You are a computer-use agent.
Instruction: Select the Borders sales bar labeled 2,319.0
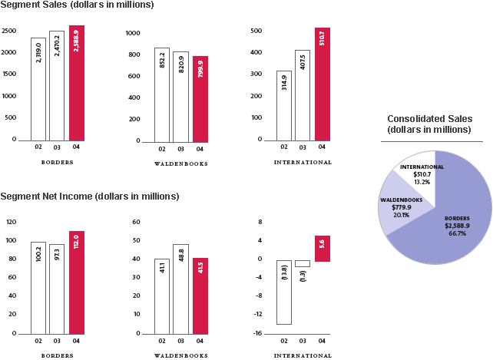[38, 88]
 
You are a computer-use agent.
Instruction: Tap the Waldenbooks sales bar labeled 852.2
[161, 94]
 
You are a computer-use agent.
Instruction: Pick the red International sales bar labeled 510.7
[322, 84]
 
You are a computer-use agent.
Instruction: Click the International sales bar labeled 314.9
[284, 105]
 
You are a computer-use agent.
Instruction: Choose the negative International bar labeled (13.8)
[284, 292]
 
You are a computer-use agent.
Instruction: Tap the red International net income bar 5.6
[322, 249]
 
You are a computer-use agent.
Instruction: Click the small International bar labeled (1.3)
[303, 263]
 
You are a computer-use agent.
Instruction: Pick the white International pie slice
[419, 170]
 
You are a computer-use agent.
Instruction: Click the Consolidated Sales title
[429, 124]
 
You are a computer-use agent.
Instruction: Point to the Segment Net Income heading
[90, 197]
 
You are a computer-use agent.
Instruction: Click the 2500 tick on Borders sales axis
[9, 31]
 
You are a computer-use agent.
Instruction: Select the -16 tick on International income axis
[259, 333]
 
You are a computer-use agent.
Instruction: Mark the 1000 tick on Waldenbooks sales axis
[132, 34]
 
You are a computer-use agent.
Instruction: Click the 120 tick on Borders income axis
[11, 222]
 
